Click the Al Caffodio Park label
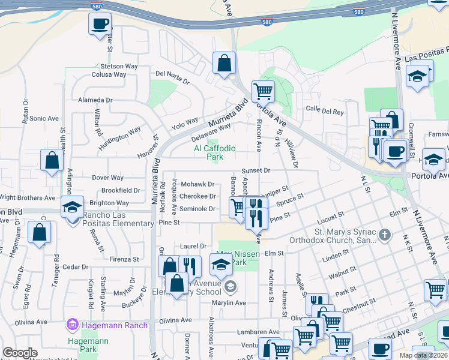coord(214,152)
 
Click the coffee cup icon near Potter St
coord(100,25)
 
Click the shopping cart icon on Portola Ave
coord(262,91)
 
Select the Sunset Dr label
coord(256,170)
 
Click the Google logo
coord(20,353)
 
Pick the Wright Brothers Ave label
coord(27,197)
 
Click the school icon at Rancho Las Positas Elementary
coord(72,207)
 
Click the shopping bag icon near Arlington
coord(52,160)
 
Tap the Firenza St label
coord(124,260)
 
